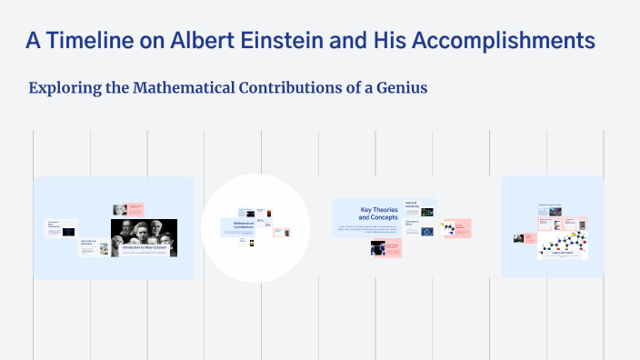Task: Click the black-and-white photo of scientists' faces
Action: (144, 232)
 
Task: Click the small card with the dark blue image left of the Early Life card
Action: (60, 229)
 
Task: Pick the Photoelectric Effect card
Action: (419, 228)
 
